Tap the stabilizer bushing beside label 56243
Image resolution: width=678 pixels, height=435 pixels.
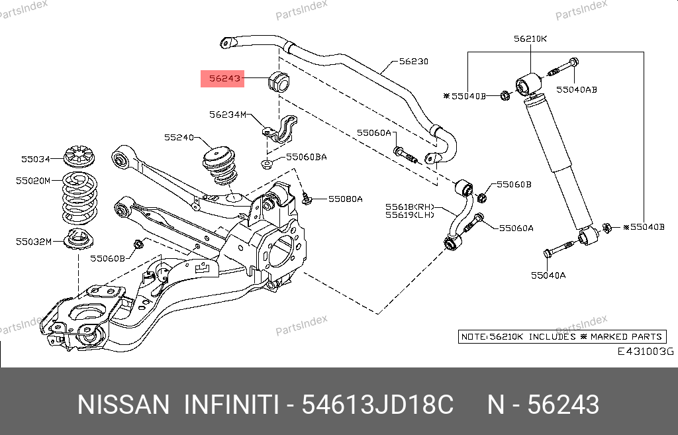tap(279, 81)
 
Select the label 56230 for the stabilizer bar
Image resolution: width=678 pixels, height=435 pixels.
tap(413, 62)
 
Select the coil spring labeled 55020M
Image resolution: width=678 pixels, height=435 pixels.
tap(79, 197)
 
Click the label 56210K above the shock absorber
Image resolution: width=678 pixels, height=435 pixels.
tap(530, 38)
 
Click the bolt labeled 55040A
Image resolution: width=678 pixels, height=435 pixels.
tap(557, 252)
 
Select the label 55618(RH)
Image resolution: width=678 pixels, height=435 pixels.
tap(410, 207)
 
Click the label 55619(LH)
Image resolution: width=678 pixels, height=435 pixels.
tap(410, 215)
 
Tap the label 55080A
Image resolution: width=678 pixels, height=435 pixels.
tap(346, 198)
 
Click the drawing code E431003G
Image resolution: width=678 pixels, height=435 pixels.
tap(645, 352)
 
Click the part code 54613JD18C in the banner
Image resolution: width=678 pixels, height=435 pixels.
tap(378, 405)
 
